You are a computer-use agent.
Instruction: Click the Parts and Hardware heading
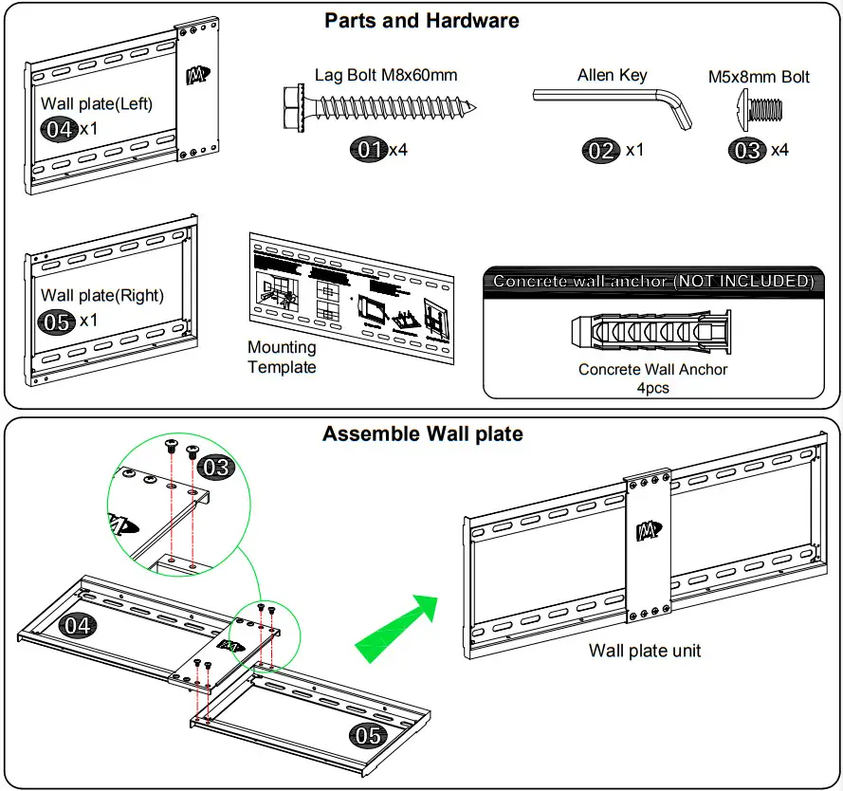(x=422, y=20)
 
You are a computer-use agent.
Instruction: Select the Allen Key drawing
(x=613, y=104)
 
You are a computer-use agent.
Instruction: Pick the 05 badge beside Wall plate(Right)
(x=57, y=322)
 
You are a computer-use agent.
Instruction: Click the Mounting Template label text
(x=282, y=358)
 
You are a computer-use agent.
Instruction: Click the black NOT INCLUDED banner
(x=653, y=281)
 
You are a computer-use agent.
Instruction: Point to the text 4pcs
(x=652, y=388)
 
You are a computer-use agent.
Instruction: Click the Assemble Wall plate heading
(x=422, y=434)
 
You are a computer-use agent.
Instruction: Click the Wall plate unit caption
(x=645, y=651)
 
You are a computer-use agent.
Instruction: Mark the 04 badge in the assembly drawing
(x=77, y=624)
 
